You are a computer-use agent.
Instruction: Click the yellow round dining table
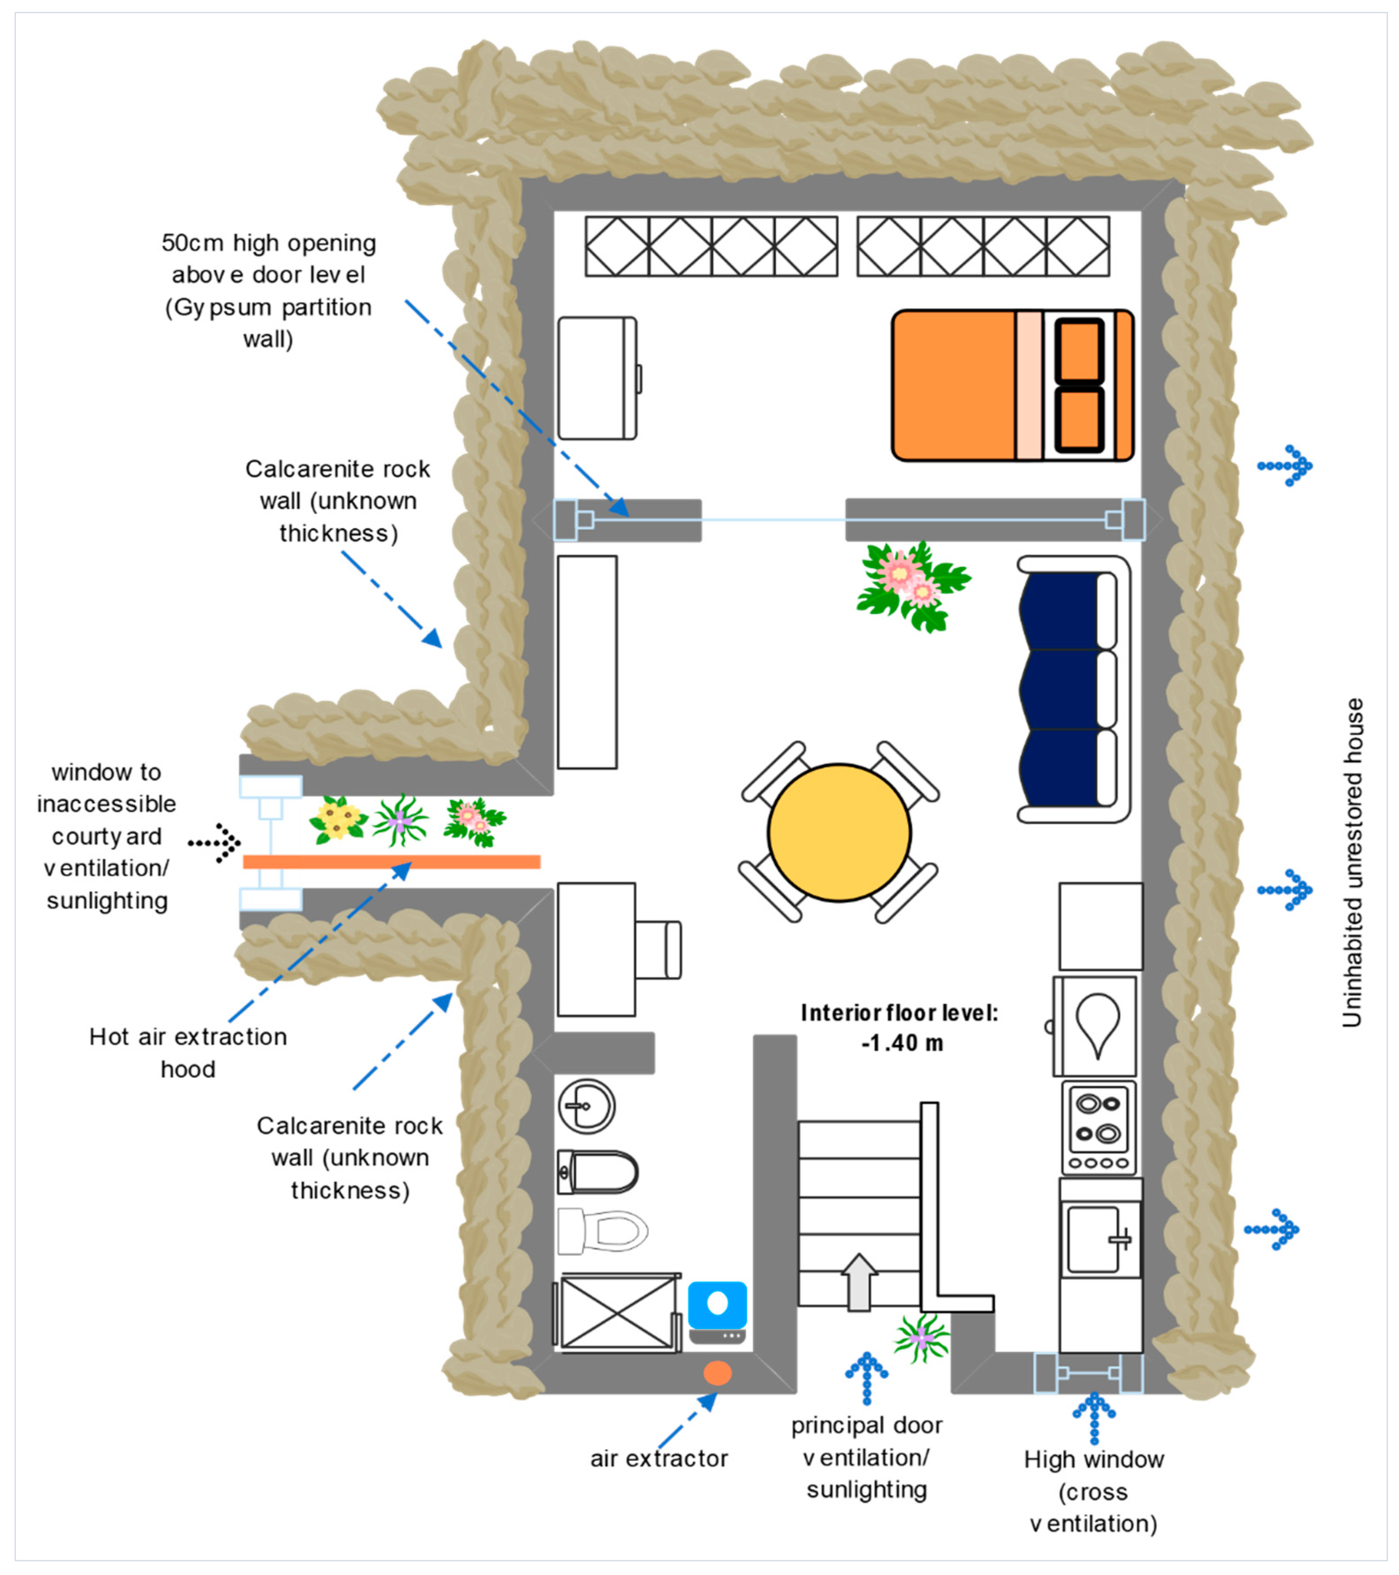[x=839, y=832]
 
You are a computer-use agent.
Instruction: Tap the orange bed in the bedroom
[x=1012, y=385]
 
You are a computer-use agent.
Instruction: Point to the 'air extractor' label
[x=659, y=1459]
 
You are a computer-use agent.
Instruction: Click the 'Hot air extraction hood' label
[x=188, y=1053]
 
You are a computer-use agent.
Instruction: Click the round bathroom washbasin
[x=586, y=1106]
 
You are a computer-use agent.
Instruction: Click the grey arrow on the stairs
[x=859, y=1281]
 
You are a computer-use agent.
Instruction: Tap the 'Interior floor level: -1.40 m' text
[x=900, y=1028]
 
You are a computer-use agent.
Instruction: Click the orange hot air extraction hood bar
[x=391, y=861]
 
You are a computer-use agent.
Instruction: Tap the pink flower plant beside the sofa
[x=913, y=586]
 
